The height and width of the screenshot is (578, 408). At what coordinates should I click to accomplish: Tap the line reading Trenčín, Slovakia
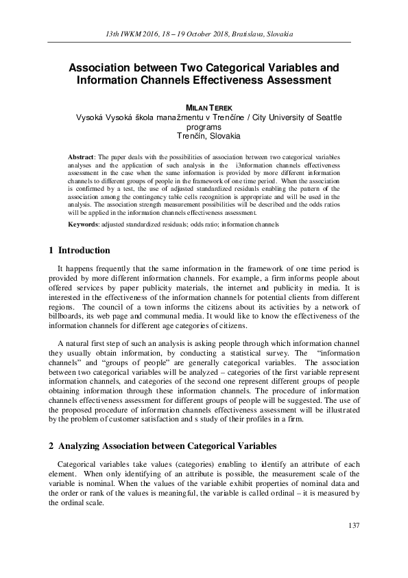point(204,136)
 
